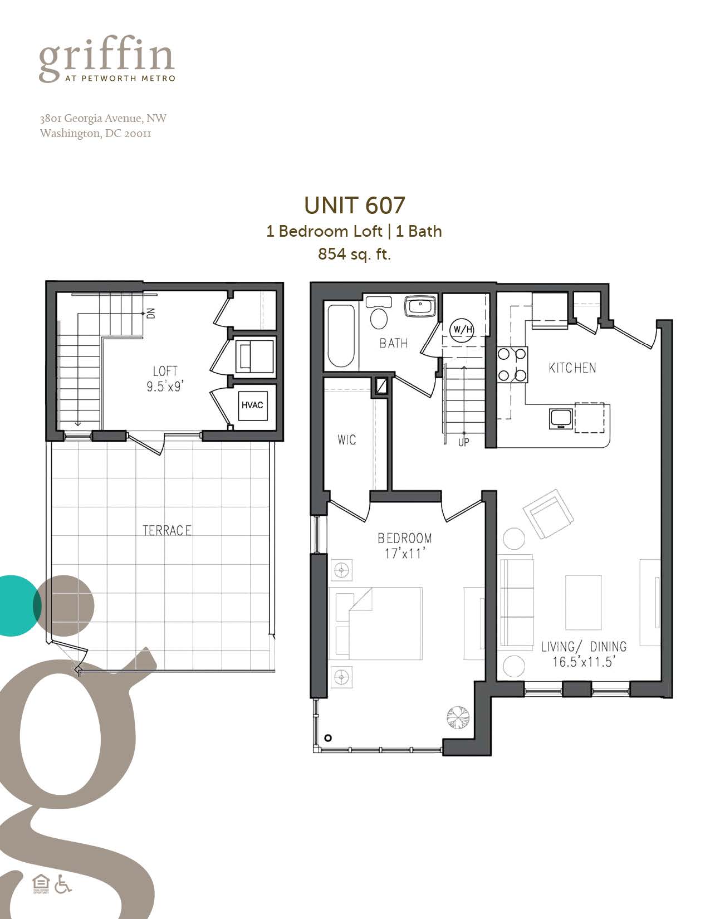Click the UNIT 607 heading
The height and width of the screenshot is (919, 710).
coord(354,206)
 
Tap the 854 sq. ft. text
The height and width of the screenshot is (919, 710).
coord(354,254)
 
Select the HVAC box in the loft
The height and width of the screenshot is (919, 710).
coord(252,405)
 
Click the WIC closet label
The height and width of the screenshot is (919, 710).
coord(346,440)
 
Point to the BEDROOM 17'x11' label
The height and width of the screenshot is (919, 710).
coord(405,545)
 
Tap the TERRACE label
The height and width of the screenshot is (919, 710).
coord(167,530)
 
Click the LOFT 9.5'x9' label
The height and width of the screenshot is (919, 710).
coord(165,378)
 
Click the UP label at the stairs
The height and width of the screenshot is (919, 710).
coord(463,442)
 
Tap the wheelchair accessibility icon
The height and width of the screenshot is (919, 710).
coord(63,883)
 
